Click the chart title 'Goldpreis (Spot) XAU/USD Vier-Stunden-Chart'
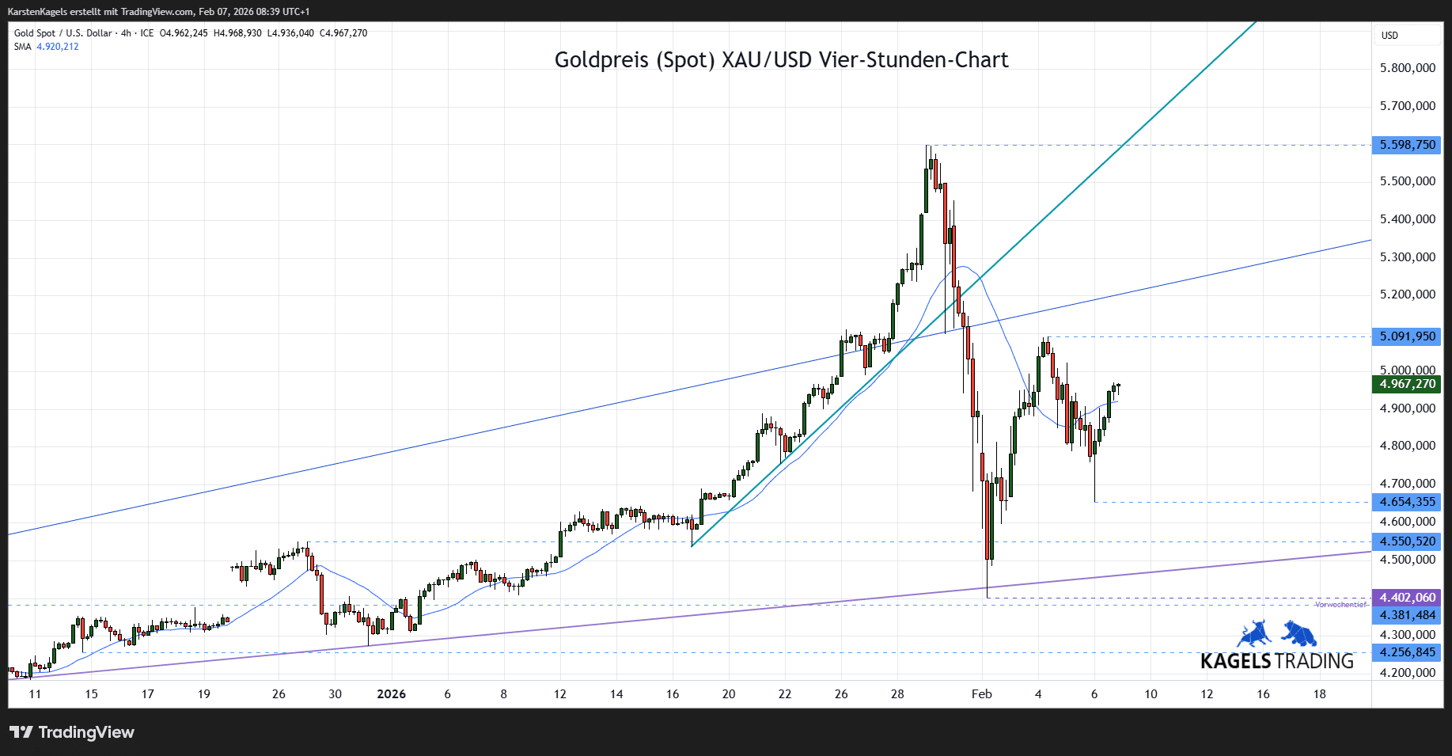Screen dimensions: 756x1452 click(x=781, y=60)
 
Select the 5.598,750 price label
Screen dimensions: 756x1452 click(x=1407, y=145)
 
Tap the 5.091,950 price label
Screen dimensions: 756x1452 click(x=1407, y=336)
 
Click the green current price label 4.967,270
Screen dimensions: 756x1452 click(x=1407, y=384)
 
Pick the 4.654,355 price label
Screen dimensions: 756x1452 click(x=1407, y=502)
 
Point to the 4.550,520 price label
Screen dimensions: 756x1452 click(x=1407, y=541)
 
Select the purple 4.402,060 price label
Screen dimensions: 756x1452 click(x=1407, y=598)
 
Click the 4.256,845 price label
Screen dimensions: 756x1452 click(x=1407, y=652)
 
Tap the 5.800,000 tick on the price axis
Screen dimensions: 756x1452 click(x=1407, y=68)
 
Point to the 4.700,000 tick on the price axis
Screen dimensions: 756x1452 click(x=1407, y=484)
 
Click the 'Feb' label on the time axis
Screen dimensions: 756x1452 click(x=981, y=694)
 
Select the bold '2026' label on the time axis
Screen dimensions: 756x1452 click(x=391, y=694)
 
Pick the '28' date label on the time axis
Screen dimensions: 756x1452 click(x=897, y=694)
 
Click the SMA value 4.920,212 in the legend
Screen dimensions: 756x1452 click(x=58, y=47)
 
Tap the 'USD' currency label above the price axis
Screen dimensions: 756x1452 click(x=1389, y=36)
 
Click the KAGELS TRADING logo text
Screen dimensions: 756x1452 click(x=1276, y=661)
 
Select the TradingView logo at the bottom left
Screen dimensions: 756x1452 click(x=72, y=732)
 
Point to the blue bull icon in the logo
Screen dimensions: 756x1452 click(x=1254, y=634)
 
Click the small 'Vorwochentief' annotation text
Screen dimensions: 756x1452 click(x=1340, y=605)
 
